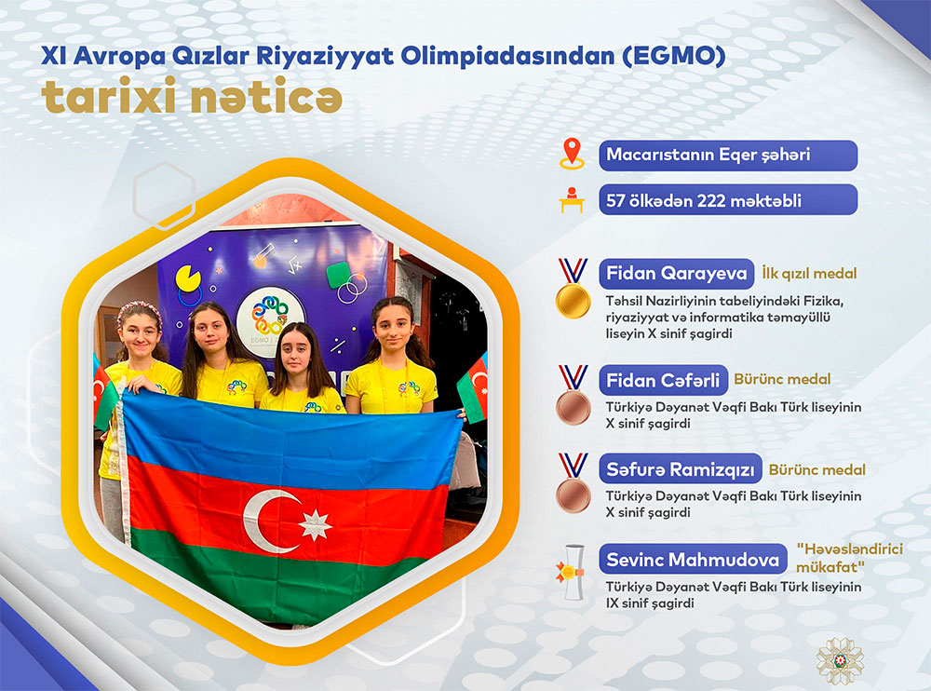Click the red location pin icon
(x=572, y=154)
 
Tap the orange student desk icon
(x=572, y=200)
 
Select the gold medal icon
(x=573, y=288)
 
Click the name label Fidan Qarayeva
(x=676, y=273)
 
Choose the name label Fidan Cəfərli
(x=663, y=380)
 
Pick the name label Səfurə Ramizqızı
(x=681, y=469)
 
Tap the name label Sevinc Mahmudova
(x=693, y=559)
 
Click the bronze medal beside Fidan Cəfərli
(x=573, y=395)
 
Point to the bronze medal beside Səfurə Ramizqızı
(x=573, y=483)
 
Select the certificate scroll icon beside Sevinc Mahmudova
(x=572, y=572)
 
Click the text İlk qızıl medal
(x=809, y=273)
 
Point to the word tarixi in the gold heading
(x=109, y=96)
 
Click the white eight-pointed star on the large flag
(x=315, y=525)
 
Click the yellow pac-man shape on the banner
(x=188, y=278)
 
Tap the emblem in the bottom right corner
(x=840, y=661)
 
